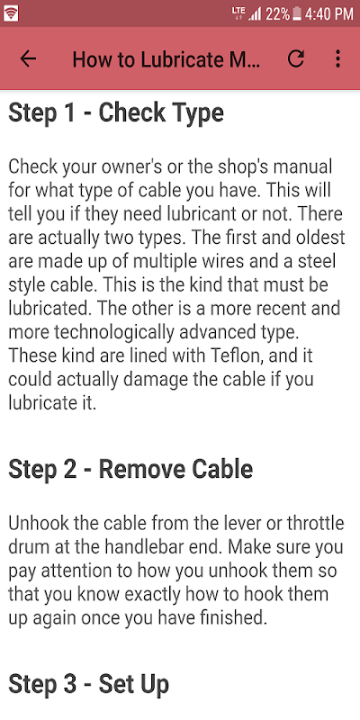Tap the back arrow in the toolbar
(28, 58)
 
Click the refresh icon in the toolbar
(296, 58)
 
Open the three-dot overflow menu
(338, 58)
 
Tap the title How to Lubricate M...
(166, 59)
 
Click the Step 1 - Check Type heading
(116, 113)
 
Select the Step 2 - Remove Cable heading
(130, 469)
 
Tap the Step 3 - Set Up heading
(88, 684)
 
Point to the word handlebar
(183, 547)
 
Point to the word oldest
(318, 238)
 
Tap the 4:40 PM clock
(329, 14)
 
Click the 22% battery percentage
(278, 14)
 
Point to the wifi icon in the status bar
(11, 13)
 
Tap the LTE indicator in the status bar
(238, 13)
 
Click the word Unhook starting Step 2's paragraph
(38, 523)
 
